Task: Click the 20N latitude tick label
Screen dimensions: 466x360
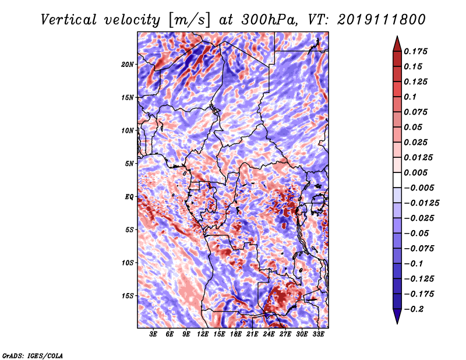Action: pos(128,65)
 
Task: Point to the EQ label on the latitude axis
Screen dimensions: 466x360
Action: pos(129,197)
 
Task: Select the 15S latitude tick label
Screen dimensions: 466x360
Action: pos(128,296)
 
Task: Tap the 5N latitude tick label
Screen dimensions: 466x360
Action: pos(129,164)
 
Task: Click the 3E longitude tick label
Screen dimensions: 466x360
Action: pos(153,334)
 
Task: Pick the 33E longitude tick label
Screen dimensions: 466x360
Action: pos(318,334)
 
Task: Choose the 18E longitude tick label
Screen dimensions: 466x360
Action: pos(236,334)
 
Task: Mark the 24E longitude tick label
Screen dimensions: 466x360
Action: pos(269,334)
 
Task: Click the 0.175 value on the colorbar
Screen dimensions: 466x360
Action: pos(415,51)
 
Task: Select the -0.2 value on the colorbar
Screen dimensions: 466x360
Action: pos(414,309)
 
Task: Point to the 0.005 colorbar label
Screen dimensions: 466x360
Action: pos(415,172)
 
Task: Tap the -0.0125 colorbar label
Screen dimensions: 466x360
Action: pos(421,203)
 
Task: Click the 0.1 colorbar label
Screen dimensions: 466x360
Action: pos(410,97)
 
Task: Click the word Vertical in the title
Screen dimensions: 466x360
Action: pos(69,20)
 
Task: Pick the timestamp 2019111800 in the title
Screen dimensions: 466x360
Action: pos(382,20)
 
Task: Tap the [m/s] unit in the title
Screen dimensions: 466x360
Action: pos(189,20)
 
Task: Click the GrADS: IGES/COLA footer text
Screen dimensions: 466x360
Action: pos(33,355)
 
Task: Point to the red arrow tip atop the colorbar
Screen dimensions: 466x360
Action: pos(397,37)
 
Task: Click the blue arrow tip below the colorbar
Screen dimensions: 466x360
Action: pos(397,323)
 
